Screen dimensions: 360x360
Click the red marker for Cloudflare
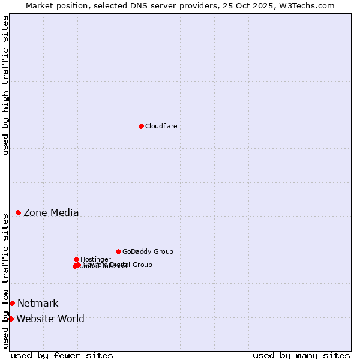pyautogui.click(x=141, y=126)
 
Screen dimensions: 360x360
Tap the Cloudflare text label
pyautogui.click(x=161, y=126)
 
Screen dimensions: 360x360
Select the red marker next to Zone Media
pyautogui.click(x=19, y=212)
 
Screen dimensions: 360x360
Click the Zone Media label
pyautogui.click(x=51, y=212)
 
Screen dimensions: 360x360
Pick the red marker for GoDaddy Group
pyautogui.click(x=118, y=251)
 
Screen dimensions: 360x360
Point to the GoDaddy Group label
pyautogui.click(x=148, y=251)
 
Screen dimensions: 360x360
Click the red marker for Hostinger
pyautogui.click(x=76, y=259)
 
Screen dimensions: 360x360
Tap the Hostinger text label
pyautogui.click(x=95, y=259)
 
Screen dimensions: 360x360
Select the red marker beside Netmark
pyautogui.click(x=12, y=303)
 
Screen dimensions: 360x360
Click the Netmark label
pyautogui.click(x=38, y=303)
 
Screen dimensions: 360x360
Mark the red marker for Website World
pyautogui.click(x=11, y=319)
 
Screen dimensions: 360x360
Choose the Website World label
pyautogui.click(x=50, y=319)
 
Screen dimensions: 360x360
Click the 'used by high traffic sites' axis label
pyautogui.click(x=5, y=85)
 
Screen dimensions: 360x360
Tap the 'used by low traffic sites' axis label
pyautogui.click(x=5, y=280)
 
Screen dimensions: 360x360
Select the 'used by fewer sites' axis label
pyautogui.click(x=62, y=355)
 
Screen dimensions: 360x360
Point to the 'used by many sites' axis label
pyautogui.click(x=301, y=355)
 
